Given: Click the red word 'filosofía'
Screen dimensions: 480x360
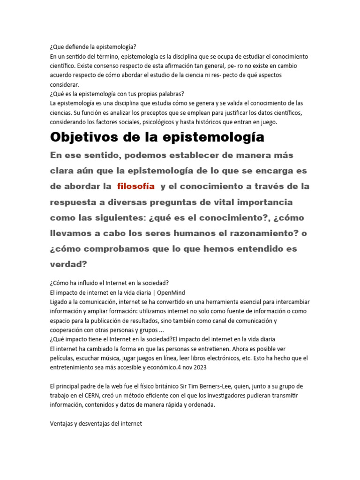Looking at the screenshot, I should (x=136, y=186).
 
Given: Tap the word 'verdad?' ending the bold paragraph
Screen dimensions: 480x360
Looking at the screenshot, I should (x=68, y=264).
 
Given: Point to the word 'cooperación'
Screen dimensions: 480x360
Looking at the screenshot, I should (x=68, y=330).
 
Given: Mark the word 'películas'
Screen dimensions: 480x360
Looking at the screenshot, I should (x=62, y=358).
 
